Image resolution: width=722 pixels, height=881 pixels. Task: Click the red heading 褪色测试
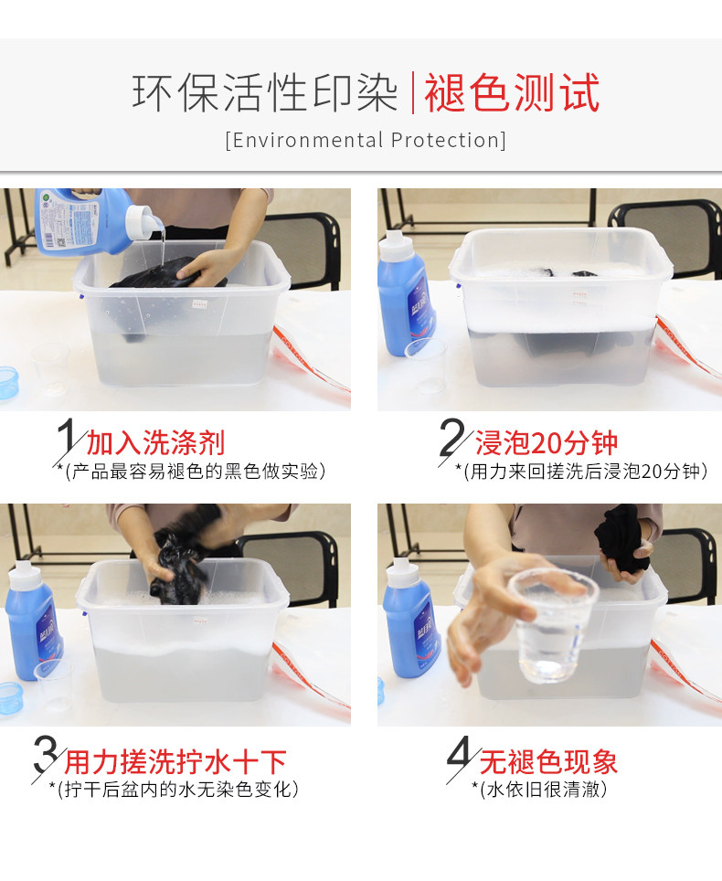point(512,92)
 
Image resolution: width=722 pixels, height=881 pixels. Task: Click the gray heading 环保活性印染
point(265,92)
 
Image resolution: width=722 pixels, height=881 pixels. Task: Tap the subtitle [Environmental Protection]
point(366,140)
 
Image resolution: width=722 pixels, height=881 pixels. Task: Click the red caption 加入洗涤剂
point(155,443)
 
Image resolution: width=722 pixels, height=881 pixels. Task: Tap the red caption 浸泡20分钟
point(547,443)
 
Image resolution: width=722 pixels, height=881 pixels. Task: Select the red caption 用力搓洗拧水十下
point(175,762)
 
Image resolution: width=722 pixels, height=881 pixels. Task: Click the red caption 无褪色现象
point(548,762)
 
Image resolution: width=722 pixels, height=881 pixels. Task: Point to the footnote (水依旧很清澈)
point(540,789)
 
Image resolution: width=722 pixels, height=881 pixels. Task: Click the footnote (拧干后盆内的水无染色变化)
point(175,789)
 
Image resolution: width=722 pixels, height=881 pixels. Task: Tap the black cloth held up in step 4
point(621,538)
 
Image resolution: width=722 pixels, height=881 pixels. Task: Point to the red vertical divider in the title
point(413,92)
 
